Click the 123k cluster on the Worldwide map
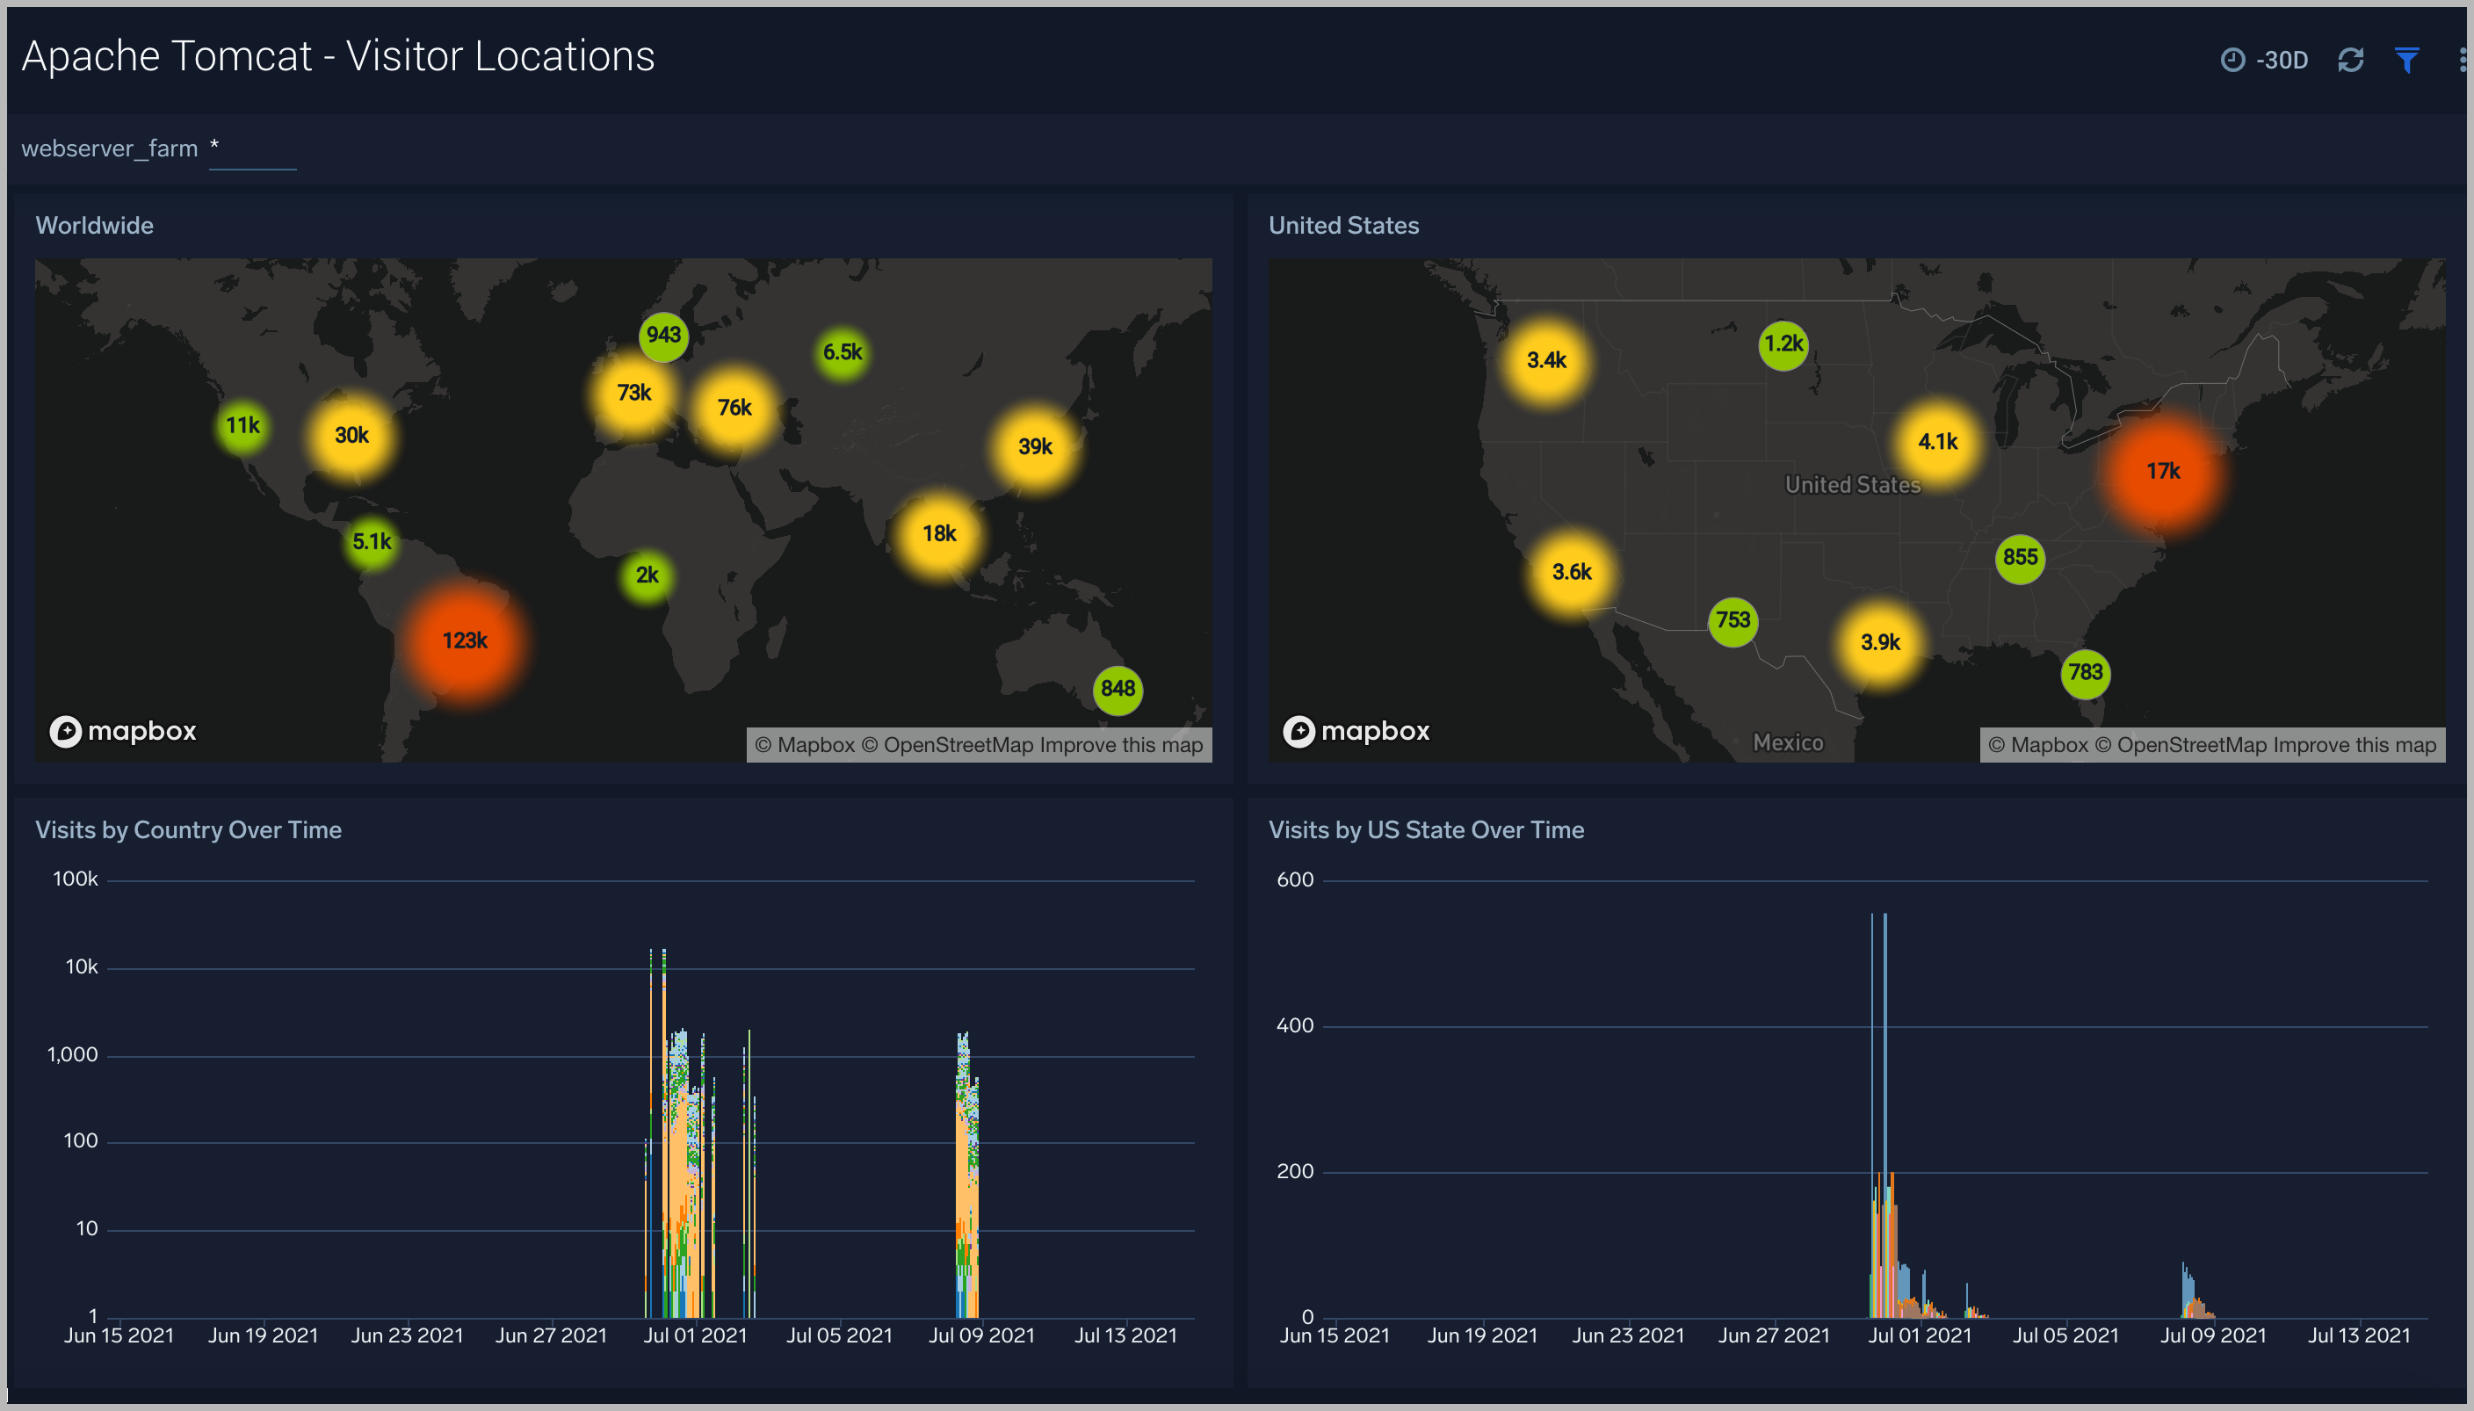[x=465, y=640]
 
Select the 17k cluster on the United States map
[x=2163, y=471]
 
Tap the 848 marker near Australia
[x=1118, y=689]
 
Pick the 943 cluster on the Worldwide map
[x=664, y=336]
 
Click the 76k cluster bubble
[x=734, y=408]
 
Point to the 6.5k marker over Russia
[x=843, y=351]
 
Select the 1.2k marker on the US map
[x=1783, y=344]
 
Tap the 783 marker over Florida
[x=2086, y=672]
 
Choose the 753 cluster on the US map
[x=1733, y=620]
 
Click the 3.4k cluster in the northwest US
[x=1546, y=360]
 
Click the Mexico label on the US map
[x=1788, y=742]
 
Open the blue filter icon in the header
[x=2407, y=60]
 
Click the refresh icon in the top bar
[x=2351, y=60]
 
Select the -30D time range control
[x=2265, y=60]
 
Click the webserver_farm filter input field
[x=253, y=150]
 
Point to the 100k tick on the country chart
[x=76, y=879]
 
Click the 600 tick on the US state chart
[x=1295, y=880]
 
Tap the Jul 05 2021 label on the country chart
[x=839, y=1335]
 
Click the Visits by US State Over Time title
[x=1426, y=829]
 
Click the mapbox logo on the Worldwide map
[x=123, y=731]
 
